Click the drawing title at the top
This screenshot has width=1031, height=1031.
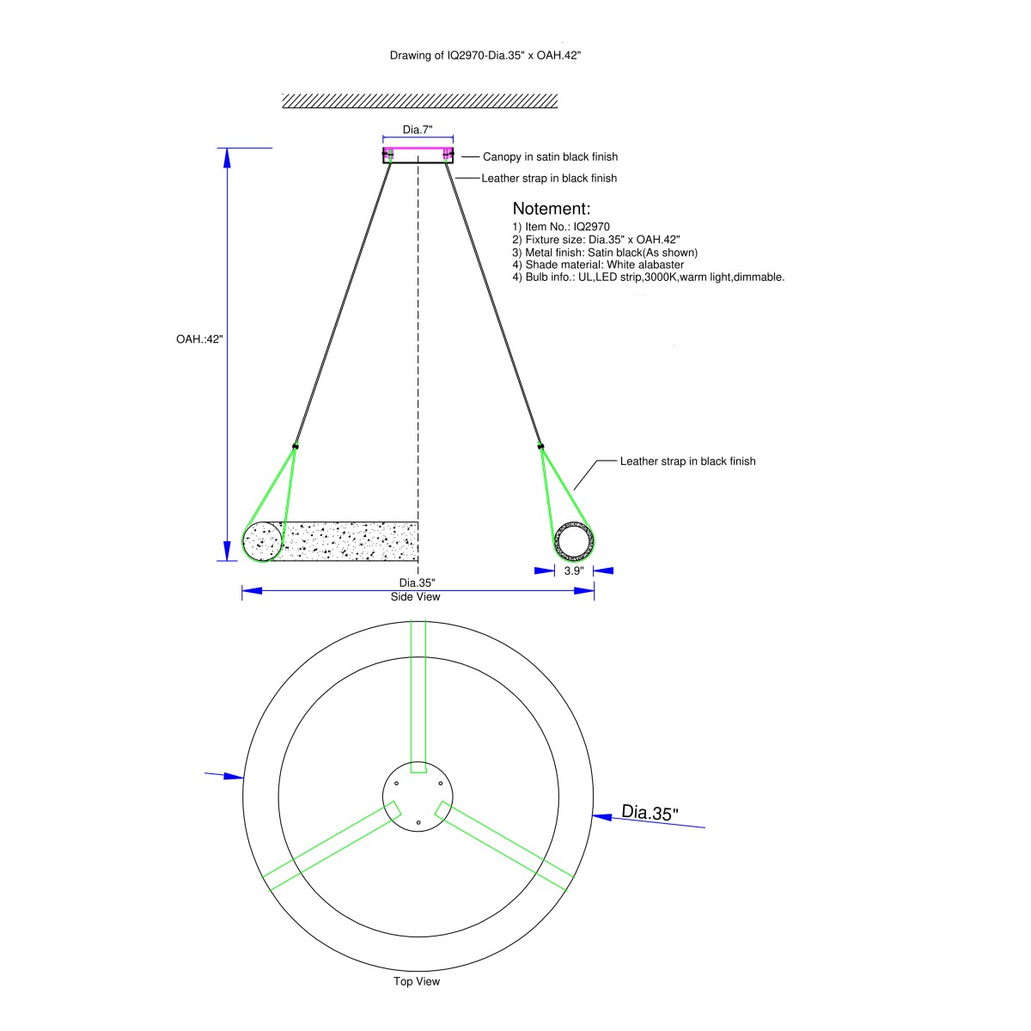click(x=485, y=55)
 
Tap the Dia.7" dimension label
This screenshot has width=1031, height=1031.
click(x=418, y=130)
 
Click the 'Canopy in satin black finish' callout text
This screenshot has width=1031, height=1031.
click(x=550, y=156)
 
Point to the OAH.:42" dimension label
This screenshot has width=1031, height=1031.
click(x=199, y=339)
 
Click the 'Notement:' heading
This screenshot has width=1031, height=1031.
click(x=551, y=209)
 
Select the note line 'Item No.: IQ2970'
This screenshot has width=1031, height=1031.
click(x=561, y=227)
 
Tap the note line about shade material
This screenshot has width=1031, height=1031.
click(x=598, y=265)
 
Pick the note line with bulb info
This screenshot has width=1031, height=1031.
click(x=648, y=278)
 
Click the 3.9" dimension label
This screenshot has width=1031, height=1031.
click(x=574, y=570)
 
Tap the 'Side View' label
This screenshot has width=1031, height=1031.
click(x=415, y=597)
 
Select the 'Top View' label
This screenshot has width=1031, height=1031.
click(x=417, y=982)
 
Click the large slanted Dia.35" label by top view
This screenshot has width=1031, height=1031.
click(x=650, y=812)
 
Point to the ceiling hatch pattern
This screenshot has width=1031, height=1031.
click(x=419, y=101)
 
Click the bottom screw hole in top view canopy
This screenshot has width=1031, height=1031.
click(x=418, y=822)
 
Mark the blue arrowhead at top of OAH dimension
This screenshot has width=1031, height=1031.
click(x=227, y=158)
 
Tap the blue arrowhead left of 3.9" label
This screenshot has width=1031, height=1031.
click(x=545, y=570)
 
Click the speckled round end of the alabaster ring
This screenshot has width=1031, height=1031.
click(x=262, y=541)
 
